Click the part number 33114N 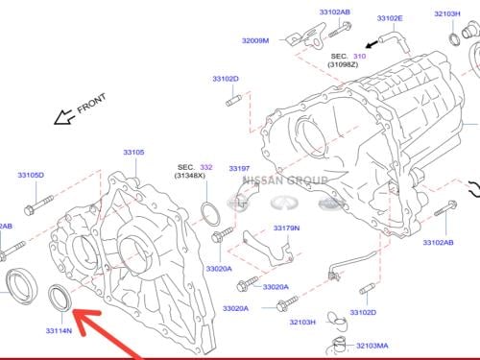click(59, 330)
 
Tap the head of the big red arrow click(84, 320)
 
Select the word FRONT click(91, 103)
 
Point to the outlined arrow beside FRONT click(63, 117)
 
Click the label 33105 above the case click(133, 153)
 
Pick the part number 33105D click(31, 175)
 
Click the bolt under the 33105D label click(38, 205)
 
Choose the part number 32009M click(255, 40)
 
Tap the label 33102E click(390, 18)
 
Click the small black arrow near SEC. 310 click(372, 44)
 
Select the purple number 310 click(359, 57)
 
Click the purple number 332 click(206, 167)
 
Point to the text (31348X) click(190, 176)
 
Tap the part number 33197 click(239, 168)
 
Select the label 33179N click(286, 228)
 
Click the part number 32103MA click(372, 346)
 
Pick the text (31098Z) click(343, 64)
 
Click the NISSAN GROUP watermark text click(285, 180)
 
